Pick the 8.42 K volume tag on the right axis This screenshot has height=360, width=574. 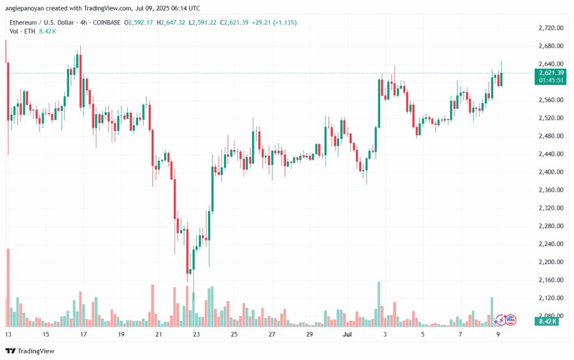click(547, 321)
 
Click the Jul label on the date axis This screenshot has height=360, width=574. click(348, 334)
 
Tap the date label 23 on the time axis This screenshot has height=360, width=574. click(196, 334)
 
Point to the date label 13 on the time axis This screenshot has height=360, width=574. click(8, 334)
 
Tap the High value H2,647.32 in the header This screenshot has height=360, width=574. click(174, 22)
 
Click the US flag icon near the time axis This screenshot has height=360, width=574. click(510, 320)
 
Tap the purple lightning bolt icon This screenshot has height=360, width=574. click(500, 320)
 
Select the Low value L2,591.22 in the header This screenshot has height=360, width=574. click(207, 22)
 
